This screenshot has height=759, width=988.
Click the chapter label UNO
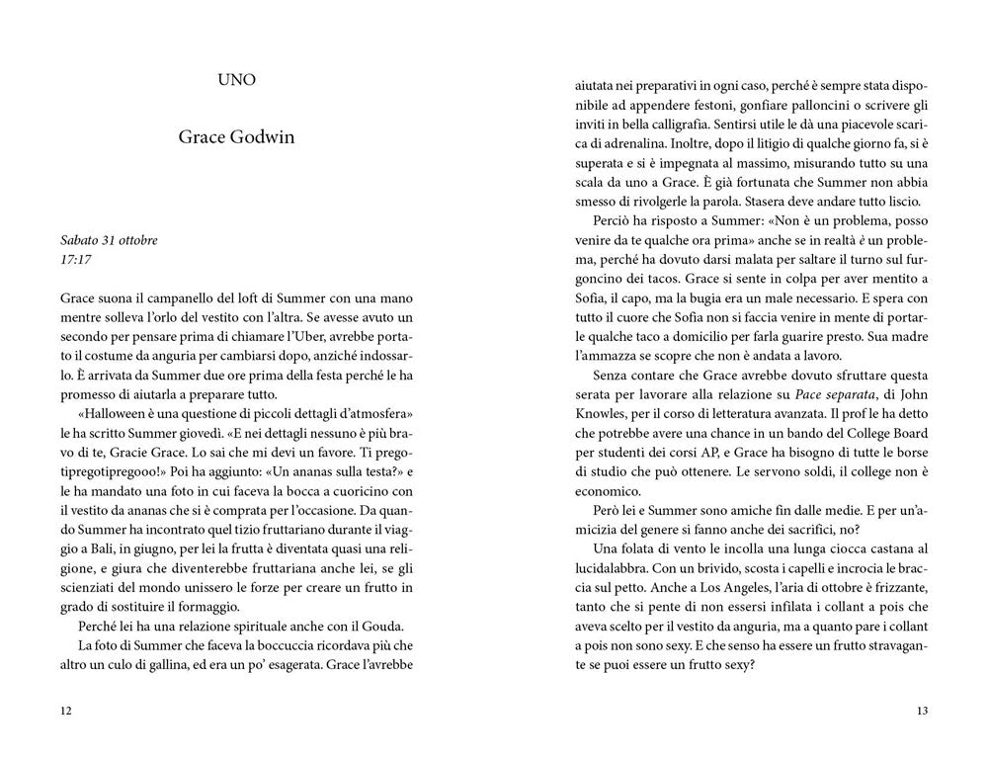tap(236, 80)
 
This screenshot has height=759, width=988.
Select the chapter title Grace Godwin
tap(236, 137)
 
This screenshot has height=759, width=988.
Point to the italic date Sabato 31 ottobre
tap(109, 240)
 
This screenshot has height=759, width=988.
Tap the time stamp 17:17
tap(75, 261)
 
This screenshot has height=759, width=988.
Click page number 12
tap(66, 710)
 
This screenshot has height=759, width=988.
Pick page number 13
tap(921, 710)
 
